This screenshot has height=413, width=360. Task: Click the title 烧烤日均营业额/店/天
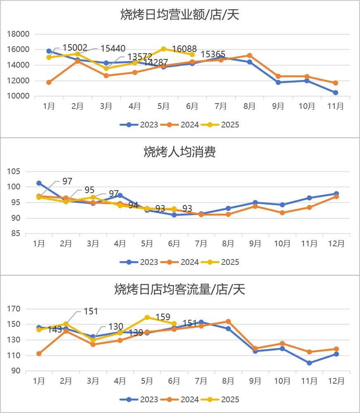coord(180,15)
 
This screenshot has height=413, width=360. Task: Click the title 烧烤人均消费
coord(180,153)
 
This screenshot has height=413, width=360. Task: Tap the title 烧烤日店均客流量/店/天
coord(180,290)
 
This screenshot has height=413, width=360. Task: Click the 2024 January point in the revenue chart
coord(49,83)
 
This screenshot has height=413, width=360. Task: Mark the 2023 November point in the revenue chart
coord(336,93)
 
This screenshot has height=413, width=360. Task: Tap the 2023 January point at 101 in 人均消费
coord(39,183)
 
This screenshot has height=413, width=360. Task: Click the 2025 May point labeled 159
coord(147,317)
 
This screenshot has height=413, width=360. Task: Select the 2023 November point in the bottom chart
coord(309,363)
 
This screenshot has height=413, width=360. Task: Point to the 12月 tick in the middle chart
coord(336,243)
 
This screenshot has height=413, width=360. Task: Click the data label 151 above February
coord(91,312)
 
